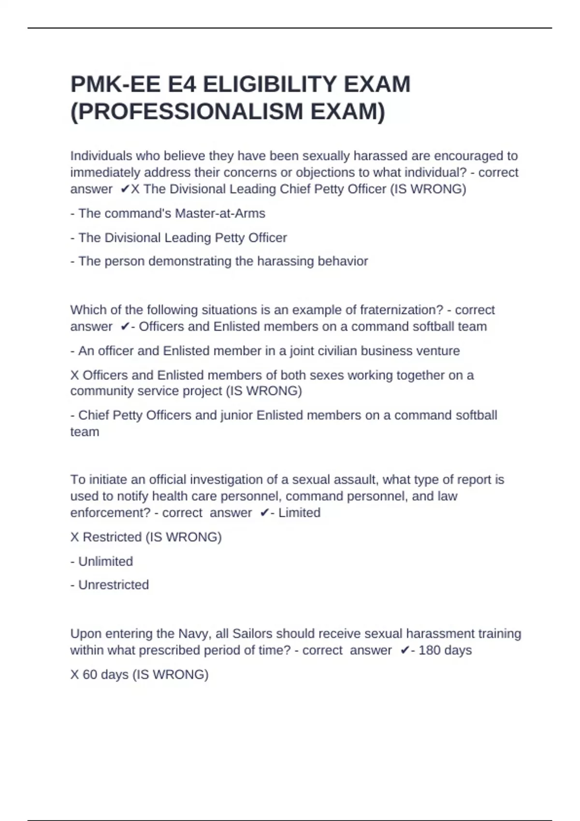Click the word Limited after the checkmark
pyautogui.click(x=299, y=513)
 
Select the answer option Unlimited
pyautogui.click(x=105, y=562)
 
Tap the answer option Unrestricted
pyautogui.click(x=113, y=585)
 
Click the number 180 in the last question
pyautogui.click(x=429, y=651)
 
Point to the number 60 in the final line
pyautogui.click(x=90, y=675)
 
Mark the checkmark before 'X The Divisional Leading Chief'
pyautogui.click(x=125, y=189)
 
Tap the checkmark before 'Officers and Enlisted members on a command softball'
pyautogui.click(x=125, y=327)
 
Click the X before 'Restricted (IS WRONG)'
pyautogui.click(x=74, y=538)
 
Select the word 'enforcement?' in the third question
pyautogui.click(x=110, y=513)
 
